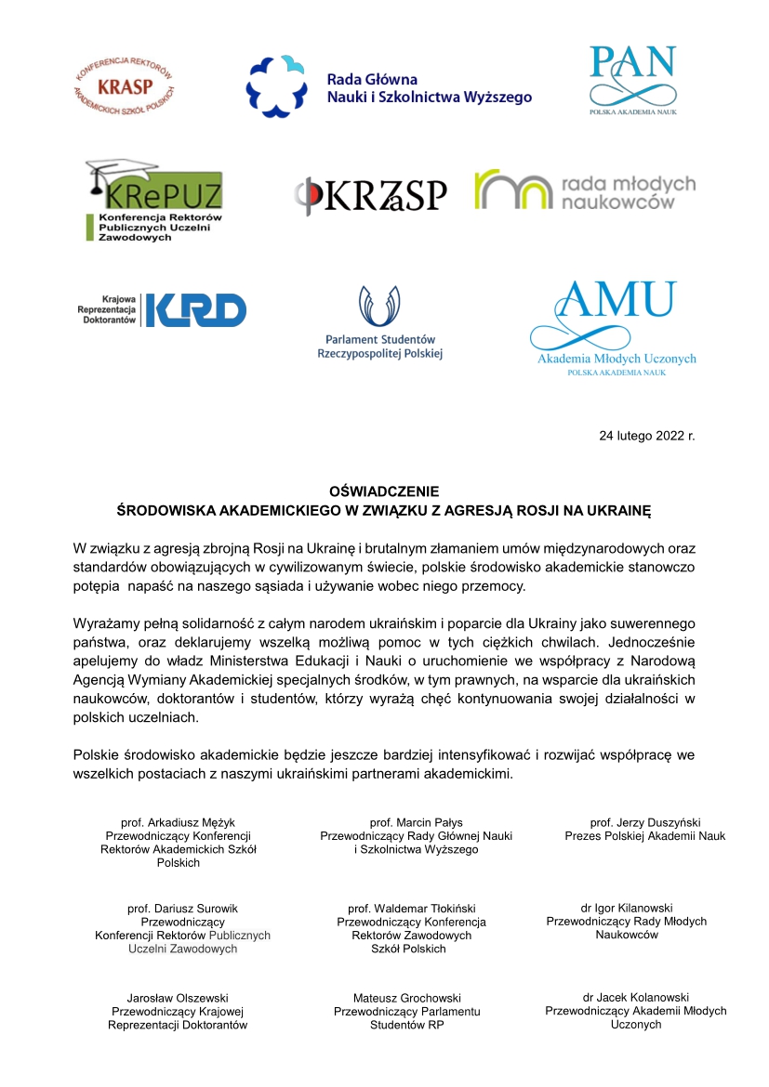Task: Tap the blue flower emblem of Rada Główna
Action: [x=276, y=85]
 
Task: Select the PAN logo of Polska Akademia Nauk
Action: [x=632, y=78]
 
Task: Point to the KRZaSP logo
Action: [x=371, y=195]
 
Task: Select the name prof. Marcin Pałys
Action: [x=416, y=822]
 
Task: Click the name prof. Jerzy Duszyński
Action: [x=644, y=822]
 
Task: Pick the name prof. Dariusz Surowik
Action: [x=182, y=908]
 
